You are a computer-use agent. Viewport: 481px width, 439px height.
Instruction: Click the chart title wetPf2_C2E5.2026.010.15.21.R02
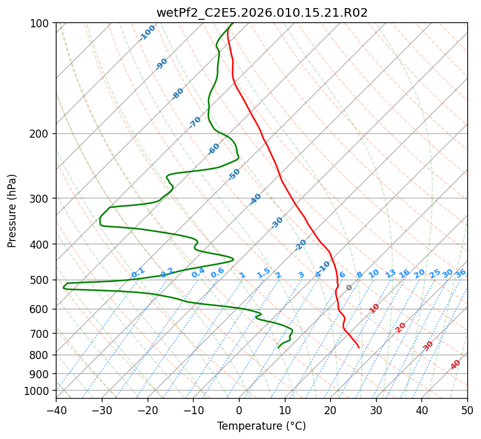coord(262,13)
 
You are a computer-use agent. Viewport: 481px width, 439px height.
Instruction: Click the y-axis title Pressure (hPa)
coord(12,211)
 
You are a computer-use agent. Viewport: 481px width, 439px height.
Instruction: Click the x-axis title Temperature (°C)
coord(262,426)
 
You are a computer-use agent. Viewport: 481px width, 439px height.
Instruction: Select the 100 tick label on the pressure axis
coord(43,24)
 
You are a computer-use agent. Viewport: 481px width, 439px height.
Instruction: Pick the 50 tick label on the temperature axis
coord(467,410)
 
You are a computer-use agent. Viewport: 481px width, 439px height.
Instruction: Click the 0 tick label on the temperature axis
coord(239,410)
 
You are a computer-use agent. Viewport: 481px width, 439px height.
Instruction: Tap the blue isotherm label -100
coord(147,33)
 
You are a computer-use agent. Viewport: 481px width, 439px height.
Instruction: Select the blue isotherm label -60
coord(214,149)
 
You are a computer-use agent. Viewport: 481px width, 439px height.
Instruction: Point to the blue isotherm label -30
coord(277,223)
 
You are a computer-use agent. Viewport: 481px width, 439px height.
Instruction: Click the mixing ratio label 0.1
coord(138,272)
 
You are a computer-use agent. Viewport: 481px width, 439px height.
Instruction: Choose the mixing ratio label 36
coord(461,273)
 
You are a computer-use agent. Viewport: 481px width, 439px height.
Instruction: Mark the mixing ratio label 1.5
coord(264,273)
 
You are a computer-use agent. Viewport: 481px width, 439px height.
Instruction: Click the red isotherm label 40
coord(455,365)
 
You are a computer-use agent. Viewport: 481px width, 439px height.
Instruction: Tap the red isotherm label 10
coord(374,308)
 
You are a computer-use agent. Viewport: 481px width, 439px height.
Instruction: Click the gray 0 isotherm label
coord(349,288)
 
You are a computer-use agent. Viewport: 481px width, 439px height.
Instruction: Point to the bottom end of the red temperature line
coord(359,348)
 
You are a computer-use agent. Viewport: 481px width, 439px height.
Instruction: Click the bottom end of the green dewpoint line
coord(278,348)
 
